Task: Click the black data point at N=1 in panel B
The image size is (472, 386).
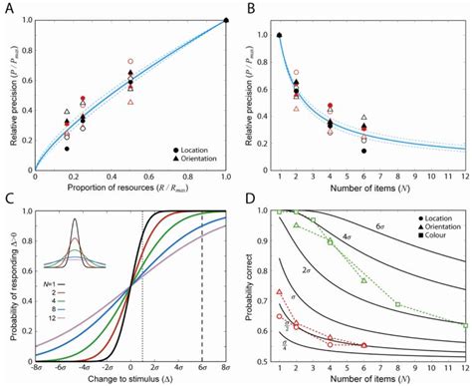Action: tap(279, 35)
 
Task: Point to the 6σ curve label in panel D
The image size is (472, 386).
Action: tap(421, 227)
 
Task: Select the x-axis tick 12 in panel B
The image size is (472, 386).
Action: tap(464, 176)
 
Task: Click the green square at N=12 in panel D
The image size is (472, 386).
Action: tap(464, 324)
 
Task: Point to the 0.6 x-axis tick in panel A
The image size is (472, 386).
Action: tap(149, 176)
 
